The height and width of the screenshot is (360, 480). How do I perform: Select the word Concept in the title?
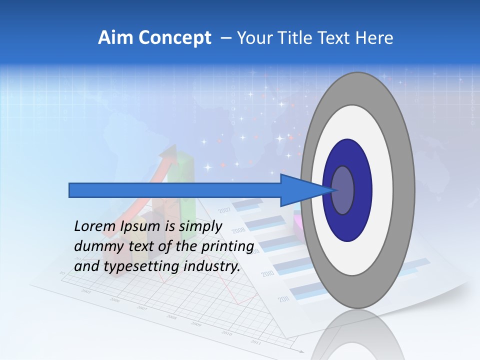(175, 38)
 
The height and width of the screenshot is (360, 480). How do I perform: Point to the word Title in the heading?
(298, 38)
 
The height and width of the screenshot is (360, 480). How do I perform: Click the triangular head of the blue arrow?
(305, 190)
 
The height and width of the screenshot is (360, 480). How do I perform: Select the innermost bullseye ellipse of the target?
(342, 190)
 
